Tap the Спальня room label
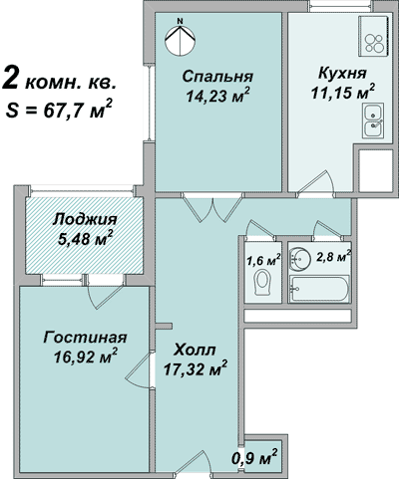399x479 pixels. pos(216,77)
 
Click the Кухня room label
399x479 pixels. pos(341,74)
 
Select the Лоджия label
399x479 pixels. pos(84,220)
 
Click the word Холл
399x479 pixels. pos(194,351)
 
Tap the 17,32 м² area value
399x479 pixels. pos(195,370)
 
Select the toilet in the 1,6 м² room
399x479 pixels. pos(262,286)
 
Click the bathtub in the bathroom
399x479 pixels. pos(318,290)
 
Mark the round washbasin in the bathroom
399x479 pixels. pos(299,260)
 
